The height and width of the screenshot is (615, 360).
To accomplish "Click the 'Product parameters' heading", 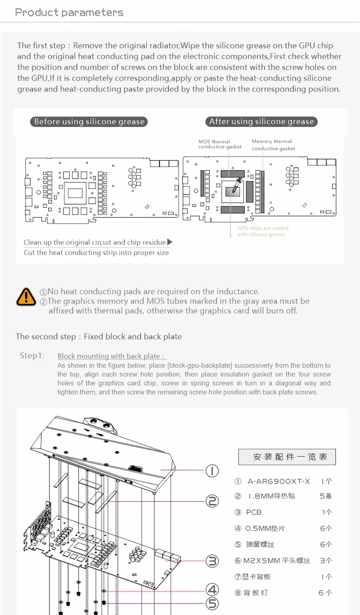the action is pos(69,13).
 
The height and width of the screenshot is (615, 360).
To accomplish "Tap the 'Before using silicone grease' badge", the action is pos(89,122).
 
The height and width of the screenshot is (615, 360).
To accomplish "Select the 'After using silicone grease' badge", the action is pos(262,122).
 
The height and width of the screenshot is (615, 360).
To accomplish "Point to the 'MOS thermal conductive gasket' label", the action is pos(220,144).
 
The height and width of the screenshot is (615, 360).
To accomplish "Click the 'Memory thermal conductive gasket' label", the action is pos(273,145).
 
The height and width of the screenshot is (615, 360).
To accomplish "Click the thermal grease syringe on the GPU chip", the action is pos(235,185).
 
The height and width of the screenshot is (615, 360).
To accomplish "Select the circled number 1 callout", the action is pos(212,470).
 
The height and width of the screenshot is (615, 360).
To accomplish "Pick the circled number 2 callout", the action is pos(212,501).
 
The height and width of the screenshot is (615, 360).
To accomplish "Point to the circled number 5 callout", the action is pos(212,603).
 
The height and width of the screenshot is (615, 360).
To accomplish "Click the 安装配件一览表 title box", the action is pos(287,457).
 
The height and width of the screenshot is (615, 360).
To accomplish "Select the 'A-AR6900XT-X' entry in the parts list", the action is pos(279,481).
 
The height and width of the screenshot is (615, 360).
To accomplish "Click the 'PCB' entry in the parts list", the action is pos(254,512).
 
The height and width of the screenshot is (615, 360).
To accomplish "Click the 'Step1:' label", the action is pos(33,356).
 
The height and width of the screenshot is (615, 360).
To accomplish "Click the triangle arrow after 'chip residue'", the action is pos(170,242).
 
